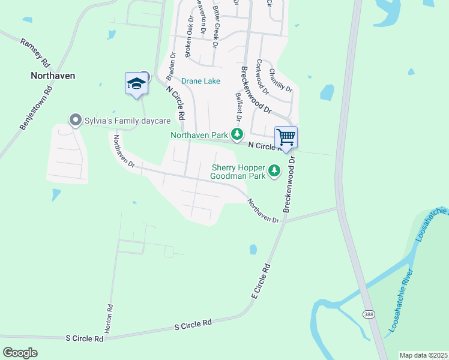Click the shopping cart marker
(x=286, y=137)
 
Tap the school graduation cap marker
(x=136, y=83)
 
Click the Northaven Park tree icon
(x=238, y=134)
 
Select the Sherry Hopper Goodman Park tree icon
(x=274, y=171)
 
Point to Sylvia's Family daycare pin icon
(x=75, y=121)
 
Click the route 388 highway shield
(x=367, y=314)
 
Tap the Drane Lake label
(x=201, y=81)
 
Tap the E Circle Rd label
(x=260, y=285)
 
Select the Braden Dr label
(x=170, y=66)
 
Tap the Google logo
(x=20, y=353)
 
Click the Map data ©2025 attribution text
(x=423, y=355)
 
